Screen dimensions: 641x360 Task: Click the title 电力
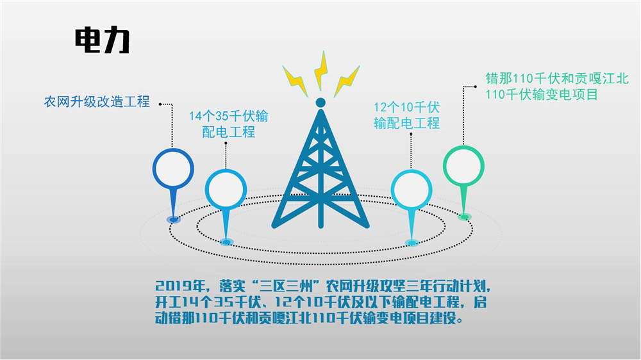pos(102,40)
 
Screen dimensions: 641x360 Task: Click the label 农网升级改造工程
pos(97,101)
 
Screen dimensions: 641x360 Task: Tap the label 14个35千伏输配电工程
pos(229,124)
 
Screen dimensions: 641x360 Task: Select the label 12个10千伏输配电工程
pos(407,115)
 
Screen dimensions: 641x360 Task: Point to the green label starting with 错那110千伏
pos(557,86)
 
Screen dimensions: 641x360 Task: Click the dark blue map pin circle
pos(173,168)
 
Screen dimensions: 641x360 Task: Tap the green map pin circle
pos(463,166)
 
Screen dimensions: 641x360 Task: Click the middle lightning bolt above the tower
pos(321,70)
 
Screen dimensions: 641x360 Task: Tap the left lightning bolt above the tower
pos(295,81)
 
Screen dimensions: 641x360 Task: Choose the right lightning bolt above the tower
pos(347,81)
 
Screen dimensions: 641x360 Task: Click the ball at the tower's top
pos(321,102)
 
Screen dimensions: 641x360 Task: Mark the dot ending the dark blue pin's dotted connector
pos(160,104)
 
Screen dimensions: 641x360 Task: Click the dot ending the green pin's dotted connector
pos(476,86)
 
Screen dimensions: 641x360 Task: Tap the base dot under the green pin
pos(464,217)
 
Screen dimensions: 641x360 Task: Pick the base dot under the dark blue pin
pos(174,220)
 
